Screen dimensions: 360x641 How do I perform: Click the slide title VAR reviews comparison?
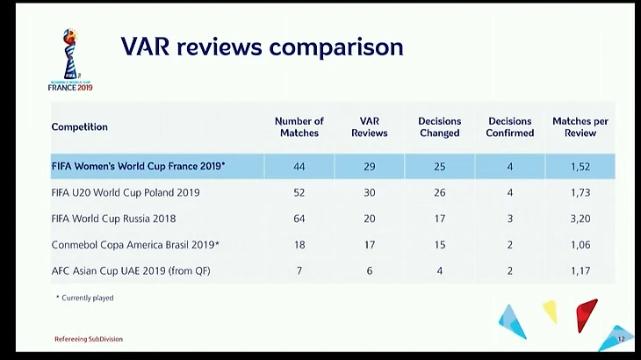262,47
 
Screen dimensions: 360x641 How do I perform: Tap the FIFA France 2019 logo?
70,60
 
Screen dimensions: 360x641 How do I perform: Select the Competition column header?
80,127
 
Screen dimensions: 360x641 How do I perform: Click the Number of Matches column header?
299,127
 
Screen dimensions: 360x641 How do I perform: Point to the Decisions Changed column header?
439,127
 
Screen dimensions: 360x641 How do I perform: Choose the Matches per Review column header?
580,127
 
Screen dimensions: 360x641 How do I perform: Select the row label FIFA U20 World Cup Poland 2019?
126,192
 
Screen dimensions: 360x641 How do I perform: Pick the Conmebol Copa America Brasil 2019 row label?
135,245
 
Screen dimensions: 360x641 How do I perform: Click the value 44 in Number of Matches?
299,166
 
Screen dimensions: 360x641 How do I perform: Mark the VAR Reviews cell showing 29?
370,166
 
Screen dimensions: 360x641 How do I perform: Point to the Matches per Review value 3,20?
580,219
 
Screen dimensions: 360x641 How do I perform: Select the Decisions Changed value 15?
439,245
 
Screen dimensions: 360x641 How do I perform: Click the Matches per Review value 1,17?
580,270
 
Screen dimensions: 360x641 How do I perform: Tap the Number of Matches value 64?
299,219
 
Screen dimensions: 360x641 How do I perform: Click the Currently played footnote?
84,299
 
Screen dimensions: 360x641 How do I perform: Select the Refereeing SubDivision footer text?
89,339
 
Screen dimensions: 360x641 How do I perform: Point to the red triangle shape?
586,313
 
